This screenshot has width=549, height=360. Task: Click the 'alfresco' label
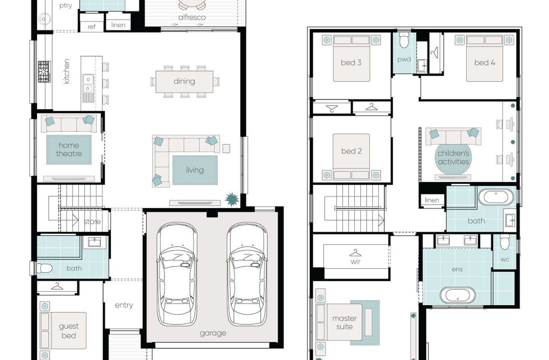tap(192, 18)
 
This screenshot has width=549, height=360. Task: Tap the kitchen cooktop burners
tap(44, 72)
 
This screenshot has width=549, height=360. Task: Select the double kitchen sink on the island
tap(88, 84)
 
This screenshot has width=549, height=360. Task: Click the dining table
tap(184, 81)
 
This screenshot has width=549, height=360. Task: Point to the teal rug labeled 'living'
tap(195, 170)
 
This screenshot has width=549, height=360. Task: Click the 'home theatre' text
tap(69, 149)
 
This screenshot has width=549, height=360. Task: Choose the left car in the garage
tap(177, 274)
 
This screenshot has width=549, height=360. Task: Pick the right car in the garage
tap(247, 274)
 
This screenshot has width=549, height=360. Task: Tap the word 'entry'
tap(124, 306)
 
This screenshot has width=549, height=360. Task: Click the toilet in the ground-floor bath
tap(44, 268)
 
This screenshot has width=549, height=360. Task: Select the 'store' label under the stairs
tap(92, 222)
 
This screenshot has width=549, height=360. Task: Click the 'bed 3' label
tap(351, 63)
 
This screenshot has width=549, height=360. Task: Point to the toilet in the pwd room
tap(404, 40)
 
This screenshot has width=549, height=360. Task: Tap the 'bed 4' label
tap(485, 63)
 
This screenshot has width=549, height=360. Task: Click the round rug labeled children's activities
tap(453, 157)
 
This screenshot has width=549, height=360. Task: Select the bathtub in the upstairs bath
tap(496, 197)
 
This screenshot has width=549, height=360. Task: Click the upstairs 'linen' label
tap(431, 200)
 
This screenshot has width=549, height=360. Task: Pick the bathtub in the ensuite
tap(458, 295)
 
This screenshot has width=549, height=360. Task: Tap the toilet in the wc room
tap(505, 242)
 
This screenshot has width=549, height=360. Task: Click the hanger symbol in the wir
tap(355, 253)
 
